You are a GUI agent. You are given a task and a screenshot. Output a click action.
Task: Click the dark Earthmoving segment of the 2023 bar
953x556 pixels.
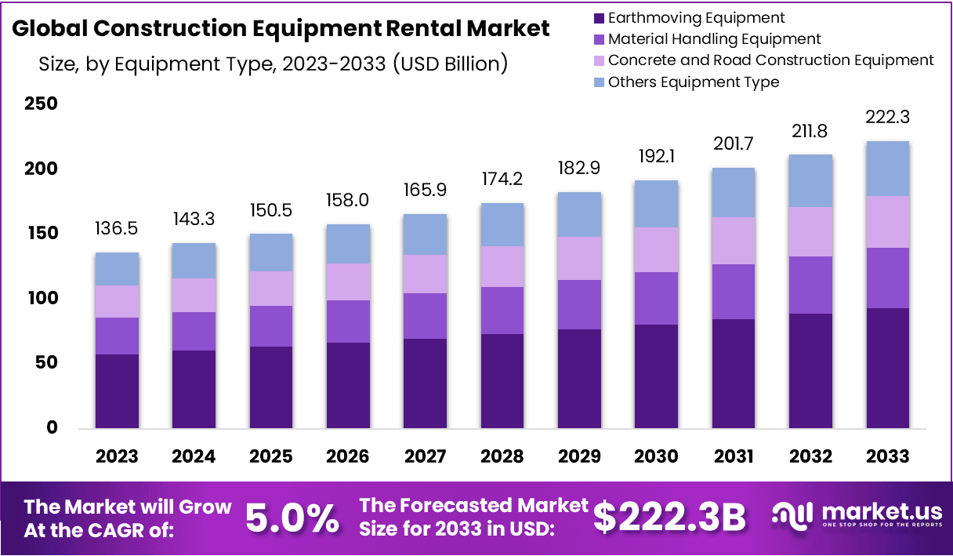[117, 391]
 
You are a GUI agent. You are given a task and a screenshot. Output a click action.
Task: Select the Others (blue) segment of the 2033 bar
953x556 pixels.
[887, 169]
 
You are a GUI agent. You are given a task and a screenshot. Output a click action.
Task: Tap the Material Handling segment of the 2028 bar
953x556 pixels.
[502, 311]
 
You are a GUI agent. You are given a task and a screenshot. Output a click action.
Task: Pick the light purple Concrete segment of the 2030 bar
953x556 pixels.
[657, 249]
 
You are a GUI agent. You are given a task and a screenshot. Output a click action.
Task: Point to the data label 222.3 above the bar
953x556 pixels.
[887, 118]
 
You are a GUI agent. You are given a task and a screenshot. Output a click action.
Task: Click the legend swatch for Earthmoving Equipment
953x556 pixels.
[599, 17]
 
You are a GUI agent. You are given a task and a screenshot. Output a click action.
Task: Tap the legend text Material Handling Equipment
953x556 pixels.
[714, 38]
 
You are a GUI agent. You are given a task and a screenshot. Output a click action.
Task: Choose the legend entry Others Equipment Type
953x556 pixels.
[694, 82]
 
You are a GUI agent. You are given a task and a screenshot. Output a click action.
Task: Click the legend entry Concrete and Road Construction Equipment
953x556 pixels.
[770, 60]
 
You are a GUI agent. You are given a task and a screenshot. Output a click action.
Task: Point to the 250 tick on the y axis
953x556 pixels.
[41, 104]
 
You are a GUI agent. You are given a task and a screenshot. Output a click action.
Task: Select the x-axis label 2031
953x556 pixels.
[734, 456]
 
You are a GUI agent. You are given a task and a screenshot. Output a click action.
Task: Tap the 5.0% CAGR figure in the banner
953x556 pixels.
[292, 518]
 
